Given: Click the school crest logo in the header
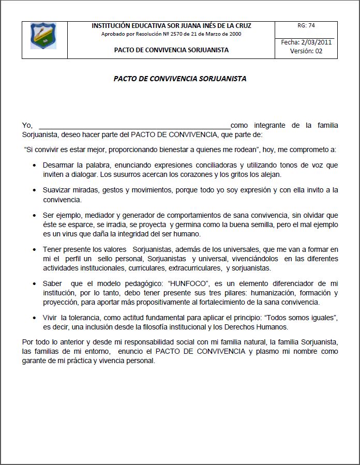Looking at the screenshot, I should tap(43, 36).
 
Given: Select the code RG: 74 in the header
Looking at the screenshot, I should tap(306, 25).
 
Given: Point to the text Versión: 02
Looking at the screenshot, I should tap(306, 51).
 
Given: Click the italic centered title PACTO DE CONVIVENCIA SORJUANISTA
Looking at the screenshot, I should tap(180, 79).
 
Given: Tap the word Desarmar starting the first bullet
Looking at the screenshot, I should tap(58, 165).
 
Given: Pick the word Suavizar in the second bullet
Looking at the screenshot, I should tap(58, 190).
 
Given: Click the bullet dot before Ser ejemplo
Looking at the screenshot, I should tap(35, 215).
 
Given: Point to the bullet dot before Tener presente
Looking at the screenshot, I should tap(35, 249).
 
